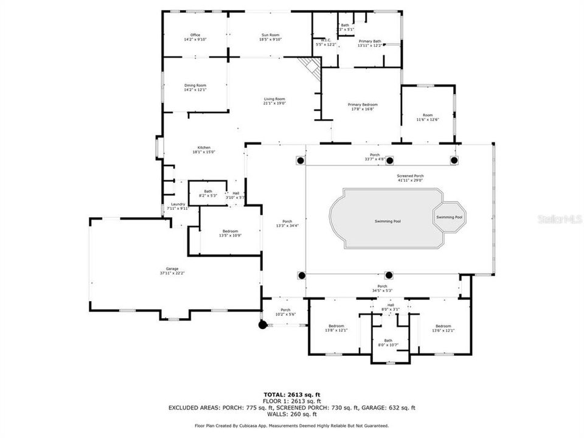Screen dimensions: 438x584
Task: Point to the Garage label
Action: click(x=173, y=271)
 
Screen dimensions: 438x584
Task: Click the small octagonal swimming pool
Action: click(x=450, y=217)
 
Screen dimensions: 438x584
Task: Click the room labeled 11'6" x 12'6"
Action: click(x=428, y=117)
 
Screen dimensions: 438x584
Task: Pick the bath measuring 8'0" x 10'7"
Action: click(x=388, y=343)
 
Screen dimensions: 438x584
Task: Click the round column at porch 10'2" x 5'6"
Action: click(x=263, y=325)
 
